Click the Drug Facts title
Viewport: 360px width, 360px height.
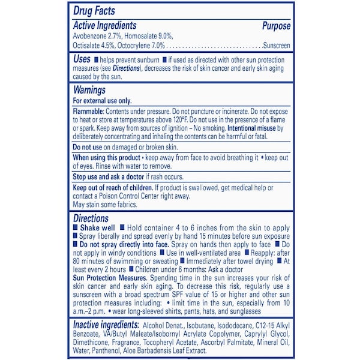(94, 11)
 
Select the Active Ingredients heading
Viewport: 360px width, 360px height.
(104, 26)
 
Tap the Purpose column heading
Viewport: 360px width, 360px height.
(276, 26)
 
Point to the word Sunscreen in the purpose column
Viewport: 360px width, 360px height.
(277, 45)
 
